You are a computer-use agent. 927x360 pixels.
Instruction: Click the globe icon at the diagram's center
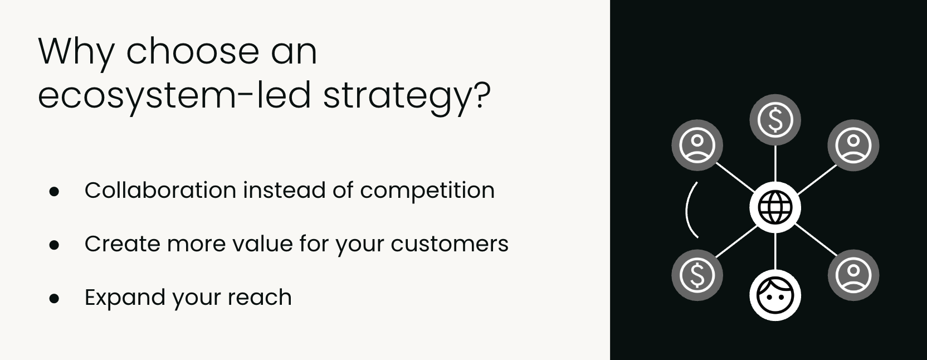point(775,207)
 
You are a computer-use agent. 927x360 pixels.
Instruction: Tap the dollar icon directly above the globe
point(775,120)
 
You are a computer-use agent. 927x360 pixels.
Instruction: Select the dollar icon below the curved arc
point(697,275)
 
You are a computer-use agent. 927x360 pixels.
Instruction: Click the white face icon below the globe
point(775,295)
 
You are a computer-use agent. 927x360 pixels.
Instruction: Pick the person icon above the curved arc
point(697,145)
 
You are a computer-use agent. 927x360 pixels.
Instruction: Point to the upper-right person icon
point(853,145)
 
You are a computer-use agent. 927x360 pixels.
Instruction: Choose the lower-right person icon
point(853,275)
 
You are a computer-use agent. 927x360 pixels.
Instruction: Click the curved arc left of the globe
point(687,210)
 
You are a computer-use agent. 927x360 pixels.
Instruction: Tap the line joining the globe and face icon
point(775,251)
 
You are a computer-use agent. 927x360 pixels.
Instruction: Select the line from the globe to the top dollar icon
point(775,163)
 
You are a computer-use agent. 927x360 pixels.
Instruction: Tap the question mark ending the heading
point(481,95)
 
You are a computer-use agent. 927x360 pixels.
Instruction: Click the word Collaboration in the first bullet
point(160,191)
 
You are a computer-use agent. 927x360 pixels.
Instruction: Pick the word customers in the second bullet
point(450,244)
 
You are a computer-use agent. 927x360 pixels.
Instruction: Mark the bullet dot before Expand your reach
point(54,298)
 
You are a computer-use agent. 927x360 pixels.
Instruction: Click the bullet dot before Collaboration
point(54,192)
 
